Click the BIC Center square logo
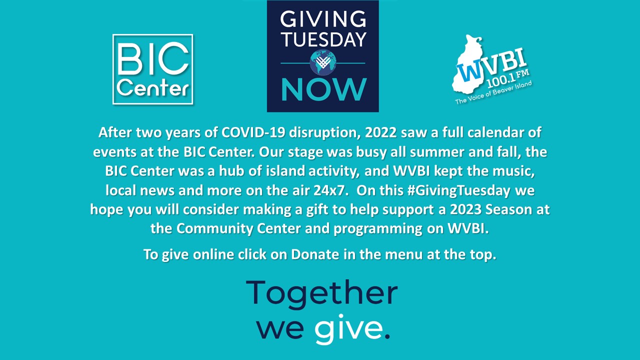[153, 69]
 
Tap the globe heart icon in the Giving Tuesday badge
[323, 62]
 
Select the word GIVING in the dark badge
[323, 19]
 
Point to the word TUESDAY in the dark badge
[323, 39]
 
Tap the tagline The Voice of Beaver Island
[493, 92]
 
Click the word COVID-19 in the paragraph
[253, 132]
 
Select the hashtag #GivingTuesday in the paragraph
[459, 191]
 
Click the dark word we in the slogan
[280, 330]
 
